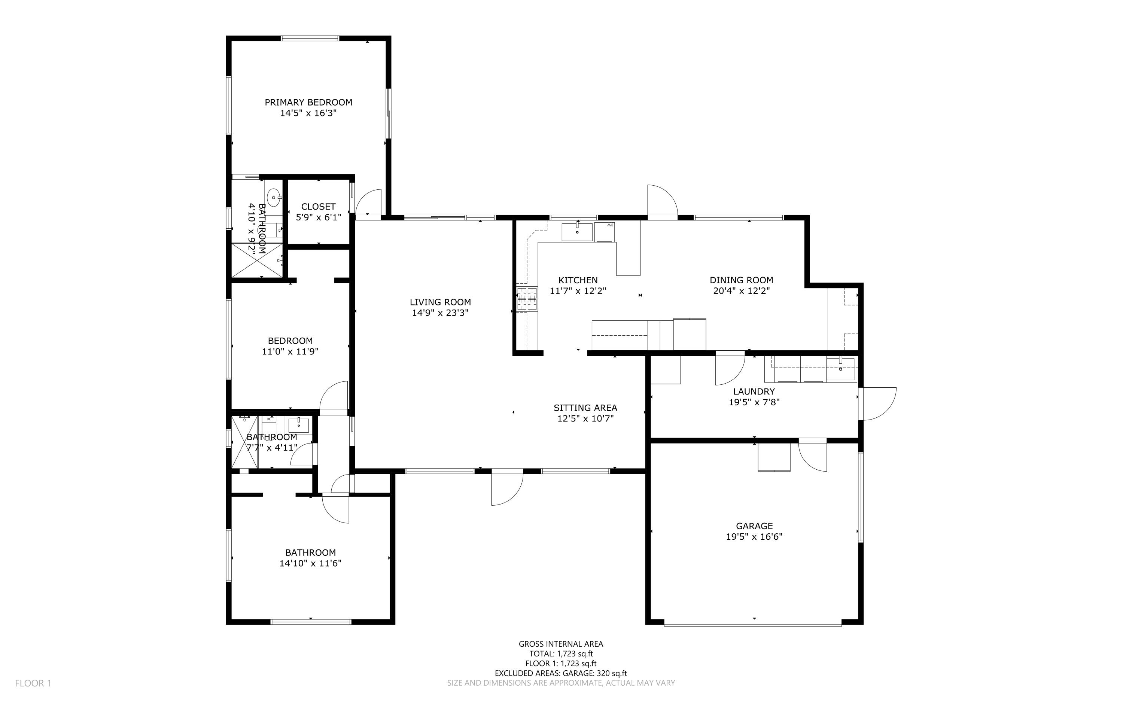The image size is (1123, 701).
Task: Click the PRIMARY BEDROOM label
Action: (308, 103)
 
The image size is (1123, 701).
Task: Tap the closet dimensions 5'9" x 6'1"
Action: (318, 217)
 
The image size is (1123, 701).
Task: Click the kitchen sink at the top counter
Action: (577, 232)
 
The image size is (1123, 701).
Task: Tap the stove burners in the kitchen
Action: (527, 299)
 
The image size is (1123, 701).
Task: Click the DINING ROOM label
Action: (741, 280)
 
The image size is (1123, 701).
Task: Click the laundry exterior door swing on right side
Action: (877, 403)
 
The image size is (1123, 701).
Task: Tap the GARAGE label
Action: (754, 526)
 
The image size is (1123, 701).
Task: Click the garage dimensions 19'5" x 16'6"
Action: (754, 537)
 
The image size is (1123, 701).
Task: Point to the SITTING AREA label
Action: (585, 408)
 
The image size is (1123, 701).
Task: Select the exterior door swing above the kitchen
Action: (662, 200)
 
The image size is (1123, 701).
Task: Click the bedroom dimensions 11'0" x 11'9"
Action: (290, 351)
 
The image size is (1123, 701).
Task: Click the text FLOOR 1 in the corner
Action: (33, 683)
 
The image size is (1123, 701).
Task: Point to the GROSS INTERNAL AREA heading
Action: (561, 643)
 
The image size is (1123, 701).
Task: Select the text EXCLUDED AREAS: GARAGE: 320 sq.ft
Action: (561, 673)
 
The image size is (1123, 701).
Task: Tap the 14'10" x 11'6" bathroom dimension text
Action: (310, 563)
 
